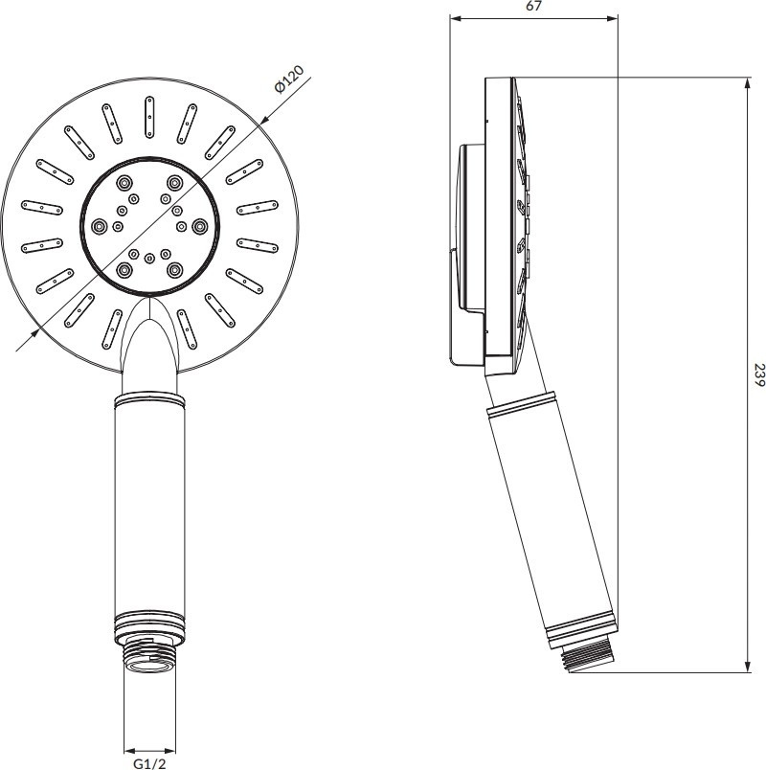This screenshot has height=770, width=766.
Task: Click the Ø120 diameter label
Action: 290,79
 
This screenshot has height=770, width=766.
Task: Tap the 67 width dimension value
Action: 533,6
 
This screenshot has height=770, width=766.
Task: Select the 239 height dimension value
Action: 759,374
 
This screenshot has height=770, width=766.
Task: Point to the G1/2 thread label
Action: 149,762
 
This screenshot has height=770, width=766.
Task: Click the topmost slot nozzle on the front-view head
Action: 149,118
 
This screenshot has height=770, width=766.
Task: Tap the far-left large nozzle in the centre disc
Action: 100,226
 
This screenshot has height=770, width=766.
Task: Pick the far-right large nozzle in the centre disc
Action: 199,226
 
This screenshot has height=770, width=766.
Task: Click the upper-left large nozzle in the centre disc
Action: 124,183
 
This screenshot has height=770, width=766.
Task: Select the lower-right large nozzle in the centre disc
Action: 174,269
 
